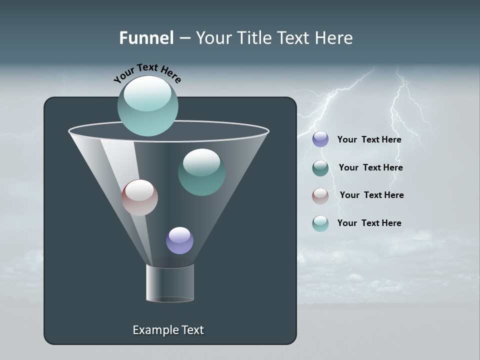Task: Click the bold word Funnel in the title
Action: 146,38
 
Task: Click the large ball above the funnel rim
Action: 148,106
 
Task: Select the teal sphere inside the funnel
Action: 201,172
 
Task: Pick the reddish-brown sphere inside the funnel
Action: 139,197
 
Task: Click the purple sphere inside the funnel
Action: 179,240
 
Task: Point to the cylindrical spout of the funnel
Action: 169,283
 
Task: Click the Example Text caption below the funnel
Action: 168,330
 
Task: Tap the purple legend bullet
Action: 320,139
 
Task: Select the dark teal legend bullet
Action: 320,168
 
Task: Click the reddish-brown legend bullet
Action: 320,196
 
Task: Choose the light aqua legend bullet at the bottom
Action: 320,223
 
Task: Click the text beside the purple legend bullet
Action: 369,139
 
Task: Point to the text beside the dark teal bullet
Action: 370,167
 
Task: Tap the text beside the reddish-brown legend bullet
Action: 371,195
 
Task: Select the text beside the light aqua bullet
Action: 369,223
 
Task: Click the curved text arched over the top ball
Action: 147,72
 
